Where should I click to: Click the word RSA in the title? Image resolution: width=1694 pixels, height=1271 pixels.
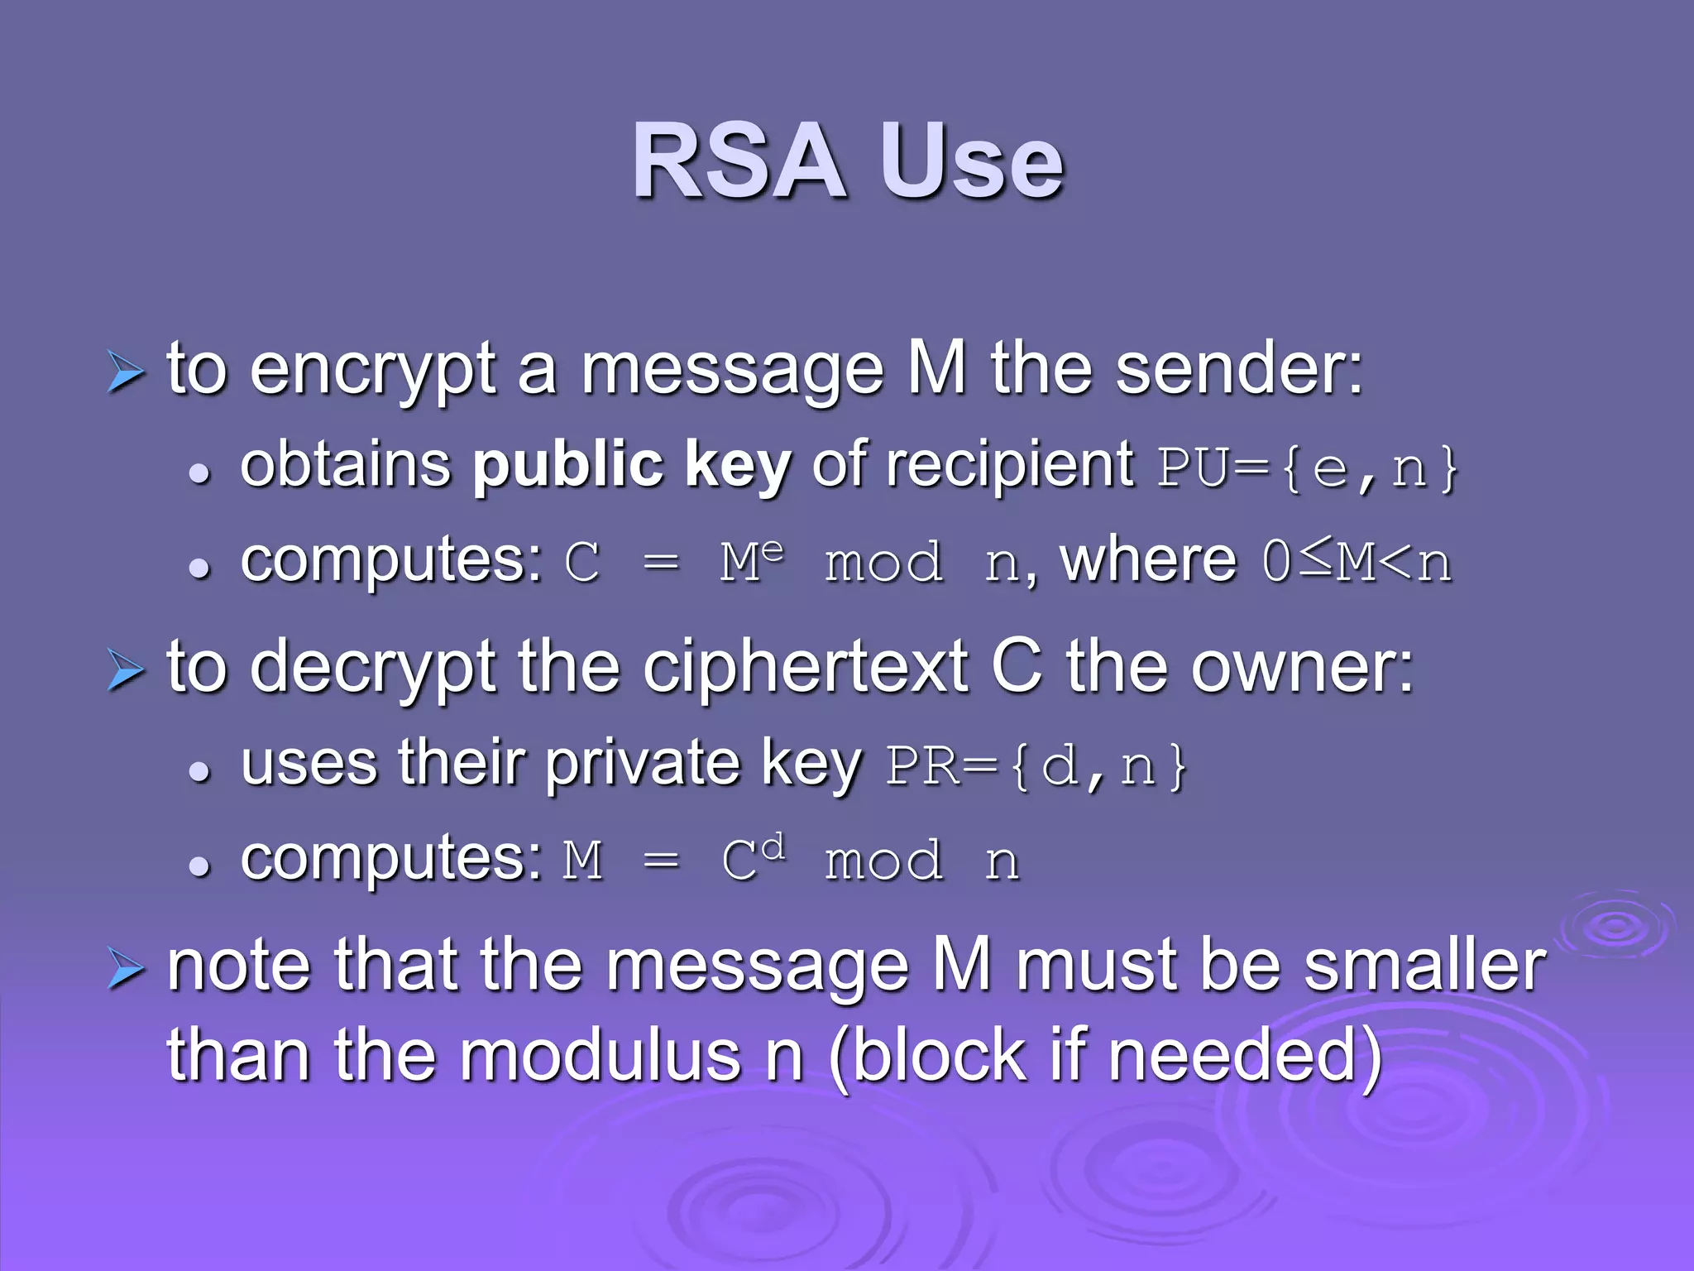click(739, 162)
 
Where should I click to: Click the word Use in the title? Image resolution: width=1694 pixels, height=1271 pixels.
click(971, 162)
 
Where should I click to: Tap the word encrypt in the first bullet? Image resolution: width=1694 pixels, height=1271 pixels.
click(372, 370)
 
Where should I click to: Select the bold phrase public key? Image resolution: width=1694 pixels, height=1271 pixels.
click(632, 466)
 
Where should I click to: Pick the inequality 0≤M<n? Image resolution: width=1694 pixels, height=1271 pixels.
click(1357, 562)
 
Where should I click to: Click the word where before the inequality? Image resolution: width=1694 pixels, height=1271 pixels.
click(1148, 560)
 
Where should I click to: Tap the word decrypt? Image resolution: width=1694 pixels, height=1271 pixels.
click(372, 668)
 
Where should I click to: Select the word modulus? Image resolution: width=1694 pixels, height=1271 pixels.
click(601, 1057)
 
